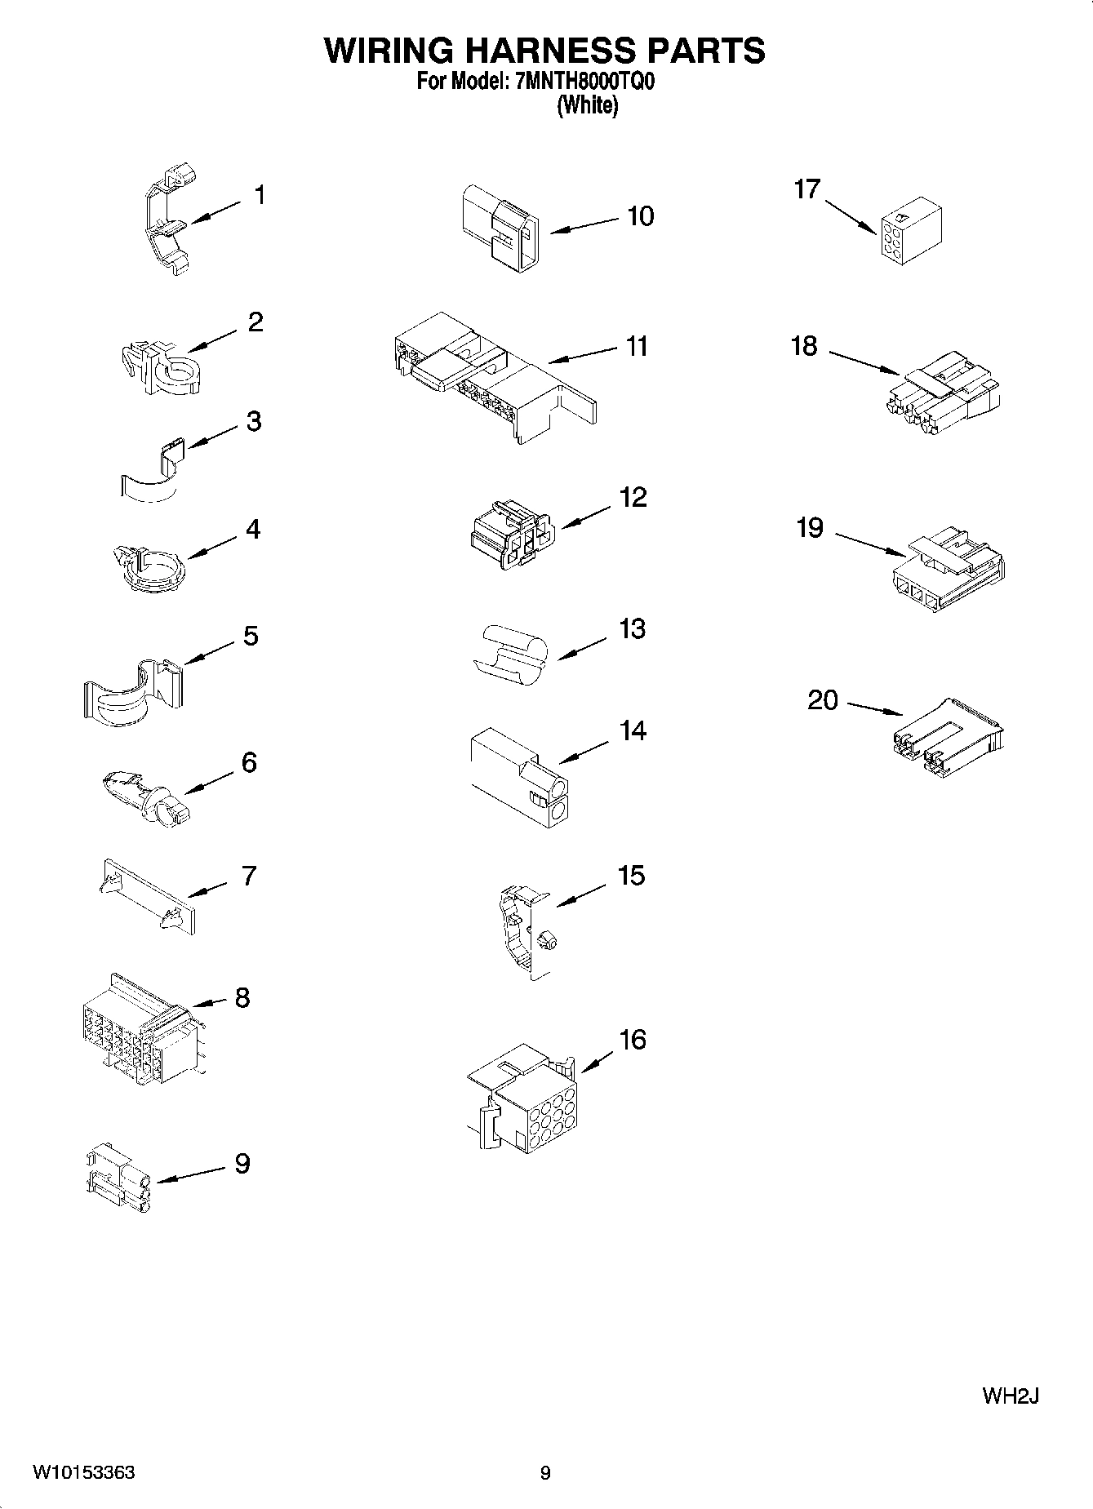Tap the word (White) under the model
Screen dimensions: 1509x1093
coord(587,105)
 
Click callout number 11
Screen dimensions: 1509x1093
coord(637,346)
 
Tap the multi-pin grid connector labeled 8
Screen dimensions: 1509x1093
coord(140,1030)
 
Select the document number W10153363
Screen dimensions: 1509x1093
coord(84,1472)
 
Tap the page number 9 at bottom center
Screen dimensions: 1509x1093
coord(545,1472)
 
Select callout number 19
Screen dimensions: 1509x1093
coord(810,528)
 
